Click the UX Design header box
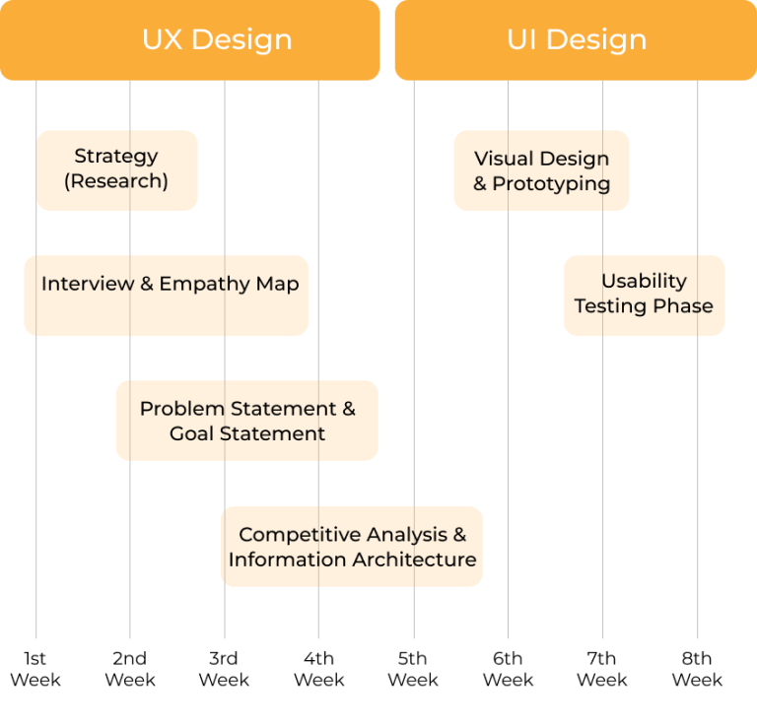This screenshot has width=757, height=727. pos(189,39)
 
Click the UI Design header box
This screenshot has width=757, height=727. pos(576,39)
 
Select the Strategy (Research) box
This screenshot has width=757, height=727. pos(116,170)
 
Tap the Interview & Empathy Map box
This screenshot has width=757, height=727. pos(166,296)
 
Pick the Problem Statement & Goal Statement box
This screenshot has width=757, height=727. pos(246,421)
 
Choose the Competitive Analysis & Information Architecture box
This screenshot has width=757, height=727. pos(351,547)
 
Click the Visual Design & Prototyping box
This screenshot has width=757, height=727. pos(541,170)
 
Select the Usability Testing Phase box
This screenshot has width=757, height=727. pos(644,295)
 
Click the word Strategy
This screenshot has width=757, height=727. pos(116,157)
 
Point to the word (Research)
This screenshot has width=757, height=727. pos(116,181)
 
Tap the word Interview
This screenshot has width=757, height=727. pos(88,284)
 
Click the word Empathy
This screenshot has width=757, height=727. pos(205,284)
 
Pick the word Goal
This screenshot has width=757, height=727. pos(192,433)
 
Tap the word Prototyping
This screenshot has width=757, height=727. pos(551,184)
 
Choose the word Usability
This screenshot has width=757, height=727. pos(644,281)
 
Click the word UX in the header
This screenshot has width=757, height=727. pos(163,39)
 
